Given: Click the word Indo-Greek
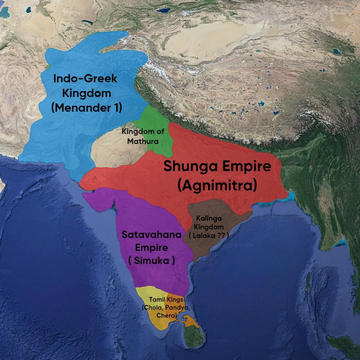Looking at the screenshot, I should pos(85,79).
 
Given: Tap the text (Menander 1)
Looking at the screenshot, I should pos(86,108).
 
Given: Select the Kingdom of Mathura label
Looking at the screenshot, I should pos(143,136).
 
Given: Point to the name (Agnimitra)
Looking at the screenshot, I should pos(217,185).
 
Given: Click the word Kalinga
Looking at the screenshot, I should pos(209,219).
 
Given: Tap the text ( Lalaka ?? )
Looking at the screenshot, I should pos(209,235).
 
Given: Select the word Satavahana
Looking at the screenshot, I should pos(151,235).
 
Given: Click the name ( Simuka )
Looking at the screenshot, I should pos(151,261).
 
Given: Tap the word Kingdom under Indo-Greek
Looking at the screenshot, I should pos(86,93).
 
